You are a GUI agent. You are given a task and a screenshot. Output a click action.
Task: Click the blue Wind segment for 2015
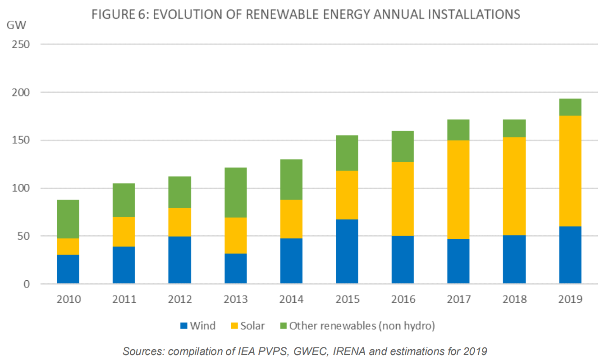[x=347, y=251]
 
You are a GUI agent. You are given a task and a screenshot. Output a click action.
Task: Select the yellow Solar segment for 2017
[x=458, y=189]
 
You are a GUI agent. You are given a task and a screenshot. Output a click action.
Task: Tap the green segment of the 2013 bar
[x=235, y=192]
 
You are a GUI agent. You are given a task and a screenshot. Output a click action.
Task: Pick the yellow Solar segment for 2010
[x=68, y=246]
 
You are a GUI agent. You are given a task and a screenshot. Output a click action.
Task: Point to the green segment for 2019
[x=570, y=107]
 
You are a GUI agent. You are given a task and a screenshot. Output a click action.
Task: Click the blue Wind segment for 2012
[x=179, y=260]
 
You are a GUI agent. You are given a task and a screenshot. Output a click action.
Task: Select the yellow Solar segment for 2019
[x=570, y=171]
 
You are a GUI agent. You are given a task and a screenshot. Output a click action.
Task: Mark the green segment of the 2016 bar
[x=403, y=146]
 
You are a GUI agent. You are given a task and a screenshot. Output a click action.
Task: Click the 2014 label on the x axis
[x=291, y=299]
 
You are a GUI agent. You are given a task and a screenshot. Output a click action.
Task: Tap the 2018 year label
[x=514, y=299]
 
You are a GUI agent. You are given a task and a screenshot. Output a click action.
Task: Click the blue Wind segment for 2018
[x=514, y=260]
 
